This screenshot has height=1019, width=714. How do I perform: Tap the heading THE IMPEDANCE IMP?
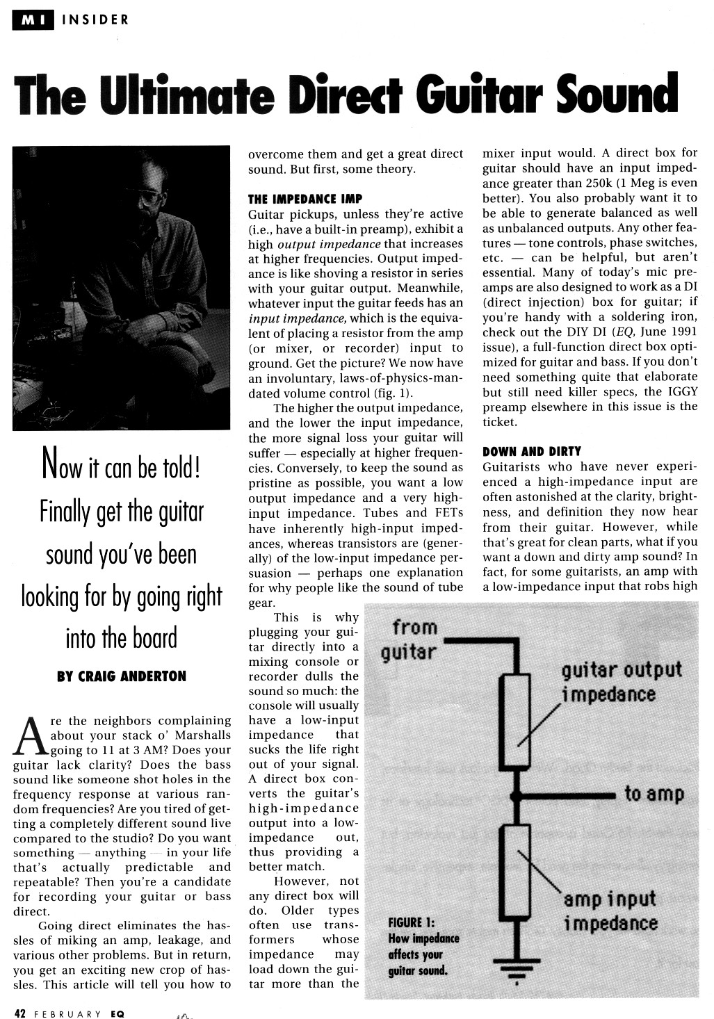(x=305, y=199)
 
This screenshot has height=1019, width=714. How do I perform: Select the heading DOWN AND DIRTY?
(x=532, y=451)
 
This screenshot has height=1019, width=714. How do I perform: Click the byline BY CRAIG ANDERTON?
(x=122, y=676)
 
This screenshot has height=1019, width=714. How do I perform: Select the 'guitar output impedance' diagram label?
(x=621, y=682)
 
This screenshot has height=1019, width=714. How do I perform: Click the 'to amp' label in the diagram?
(x=654, y=793)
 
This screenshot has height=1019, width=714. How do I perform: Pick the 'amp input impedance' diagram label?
(x=610, y=911)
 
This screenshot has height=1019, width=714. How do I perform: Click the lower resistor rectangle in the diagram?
(x=515, y=870)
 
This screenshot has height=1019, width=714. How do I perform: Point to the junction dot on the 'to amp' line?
(x=515, y=794)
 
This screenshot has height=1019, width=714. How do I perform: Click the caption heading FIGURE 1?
(x=411, y=922)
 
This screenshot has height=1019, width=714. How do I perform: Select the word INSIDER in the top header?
(x=96, y=19)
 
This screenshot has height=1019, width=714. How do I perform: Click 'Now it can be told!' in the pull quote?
(x=122, y=467)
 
